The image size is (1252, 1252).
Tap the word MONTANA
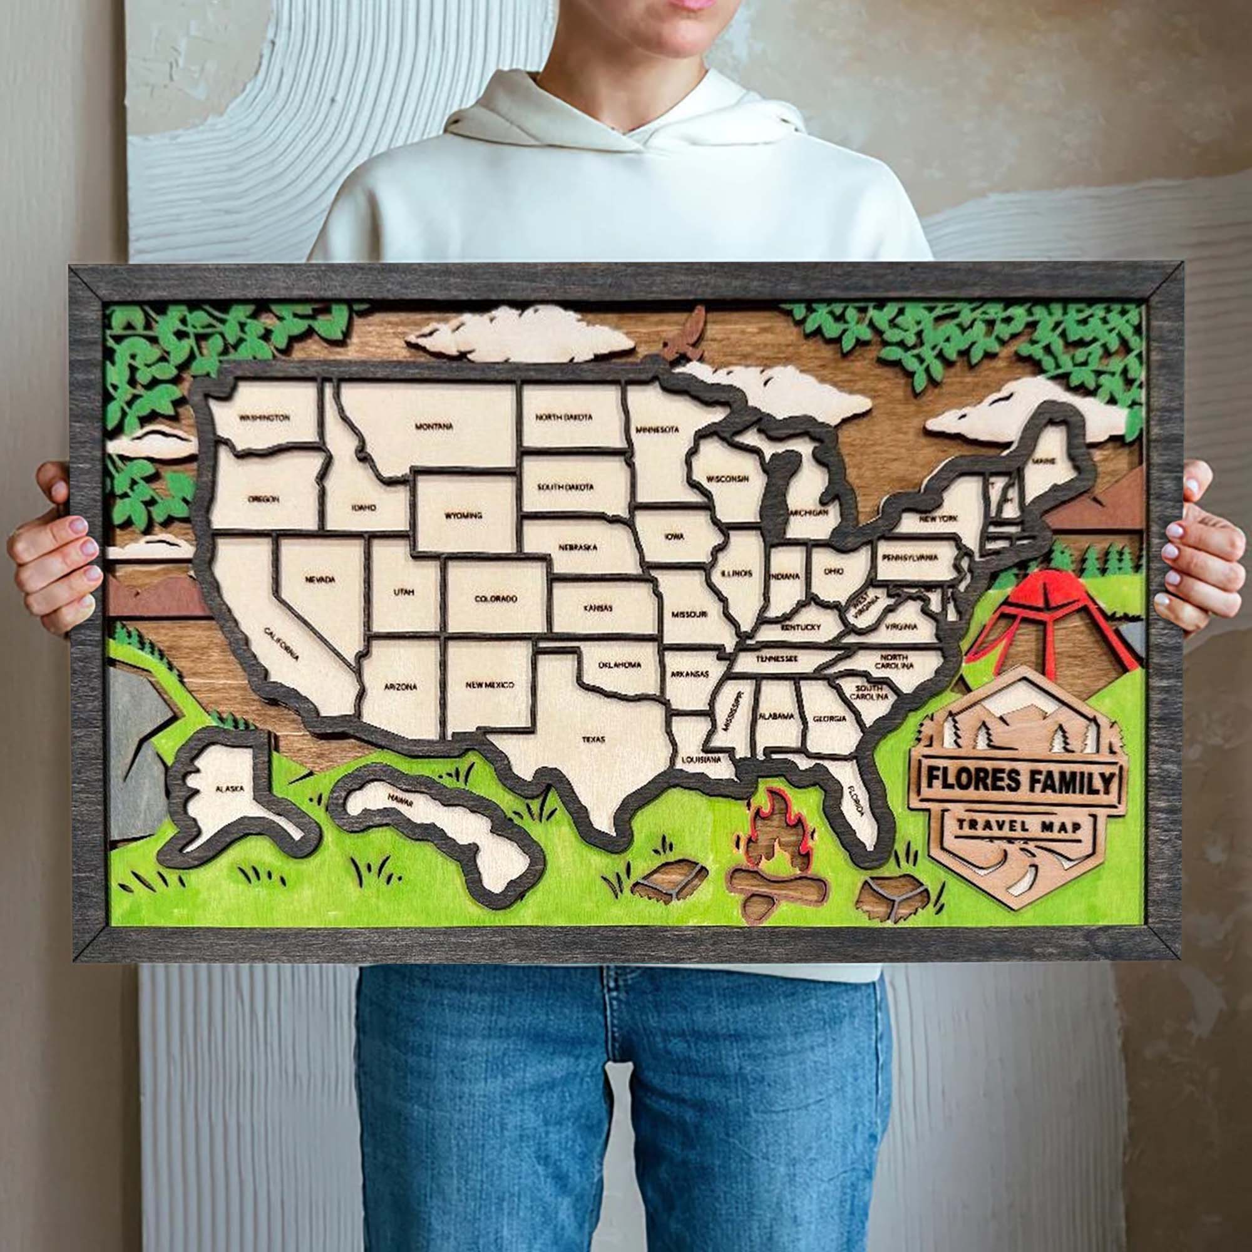tap(434, 426)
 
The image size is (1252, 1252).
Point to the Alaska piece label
tap(229, 789)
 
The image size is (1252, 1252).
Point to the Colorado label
tap(496, 598)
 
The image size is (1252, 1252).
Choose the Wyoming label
tap(463, 516)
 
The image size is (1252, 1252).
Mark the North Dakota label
tap(564, 418)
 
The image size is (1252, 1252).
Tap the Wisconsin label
tap(727, 479)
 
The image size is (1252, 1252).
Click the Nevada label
tap(320, 579)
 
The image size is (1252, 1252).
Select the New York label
tap(938, 518)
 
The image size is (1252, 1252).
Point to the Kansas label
tap(597, 608)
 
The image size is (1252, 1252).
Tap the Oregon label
tap(263, 499)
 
